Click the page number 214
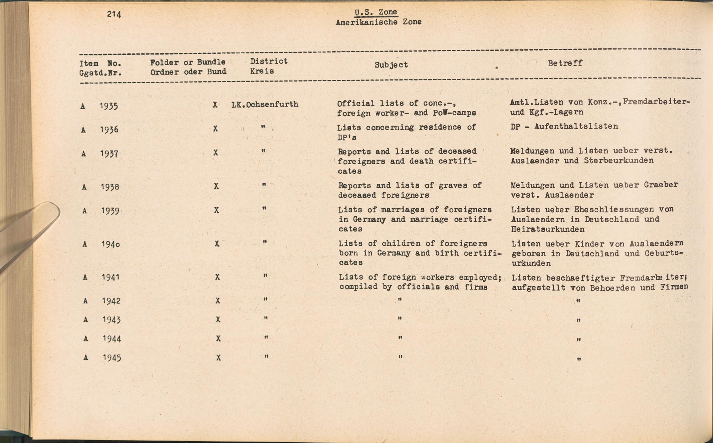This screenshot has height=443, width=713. pyautogui.click(x=114, y=14)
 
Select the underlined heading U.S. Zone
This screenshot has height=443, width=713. pyautogui.click(x=376, y=12)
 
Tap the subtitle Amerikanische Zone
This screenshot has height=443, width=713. pyautogui.click(x=378, y=22)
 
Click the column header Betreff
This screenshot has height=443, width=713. pyautogui.click(x=565, y=63)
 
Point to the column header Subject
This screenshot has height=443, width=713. pyautogui.click(x=391, y=65)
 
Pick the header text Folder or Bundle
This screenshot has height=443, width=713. pyautogui.click(x=188, y=62)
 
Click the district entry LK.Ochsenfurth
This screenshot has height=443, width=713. pyautogui.click(x=265, y=104)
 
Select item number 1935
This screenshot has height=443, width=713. pyautogui.click(x=109, y=106)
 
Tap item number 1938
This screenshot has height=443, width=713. pyautogui.click(x=110, y=187)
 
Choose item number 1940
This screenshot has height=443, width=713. pyautogui.click(x=111, y=244)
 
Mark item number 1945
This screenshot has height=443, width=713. pyautogui.click(x=112, y=358)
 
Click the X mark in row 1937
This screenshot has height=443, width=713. pyautogui.click(x=216, y=153)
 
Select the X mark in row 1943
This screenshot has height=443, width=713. pyautogui.click(x=218, y=320)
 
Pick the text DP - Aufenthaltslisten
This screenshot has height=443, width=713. pyautogui.click(x=564, y=126)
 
